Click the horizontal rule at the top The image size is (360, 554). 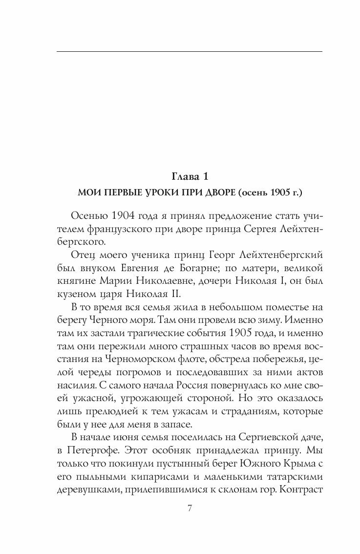(x=190, y=51)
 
